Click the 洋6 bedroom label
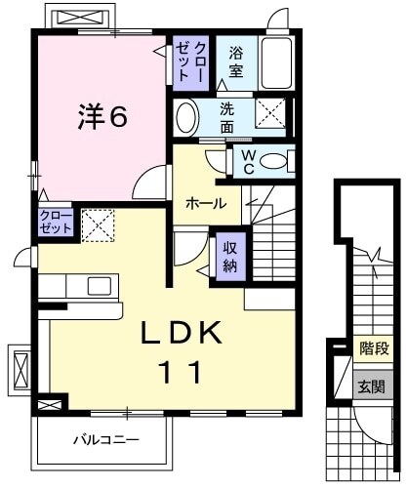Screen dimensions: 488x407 click(x=102, y=117)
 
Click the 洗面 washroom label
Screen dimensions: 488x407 click(x=226, y=118)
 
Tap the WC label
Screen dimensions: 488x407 click(x=247, y=160)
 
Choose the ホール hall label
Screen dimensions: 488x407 click(x=206, y=204)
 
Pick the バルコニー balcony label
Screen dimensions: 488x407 click(x=105, y=440)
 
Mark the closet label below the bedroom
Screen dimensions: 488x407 click(x=56, y=222)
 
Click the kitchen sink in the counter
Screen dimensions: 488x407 click(x=100, y=285)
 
